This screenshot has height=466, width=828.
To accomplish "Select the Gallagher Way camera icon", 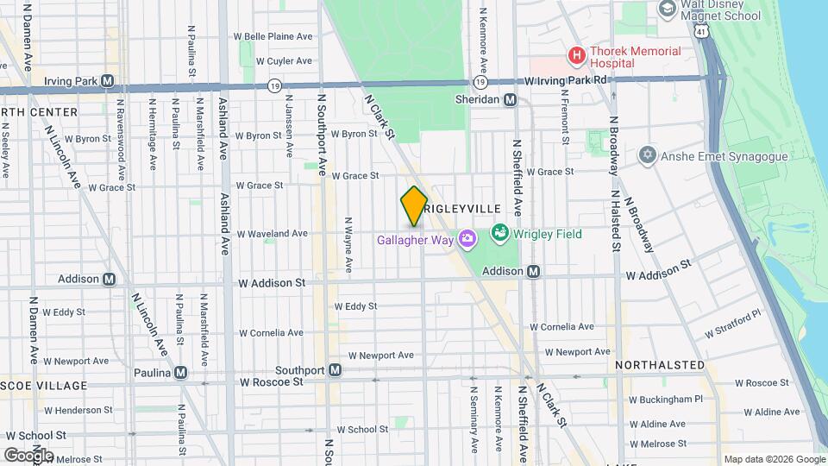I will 467,237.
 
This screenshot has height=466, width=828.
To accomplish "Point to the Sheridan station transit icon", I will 511,99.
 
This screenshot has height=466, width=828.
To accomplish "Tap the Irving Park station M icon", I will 108,80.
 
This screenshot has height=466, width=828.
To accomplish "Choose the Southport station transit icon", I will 336,370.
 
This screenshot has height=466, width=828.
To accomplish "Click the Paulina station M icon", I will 180,372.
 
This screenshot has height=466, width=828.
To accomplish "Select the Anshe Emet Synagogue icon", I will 648,155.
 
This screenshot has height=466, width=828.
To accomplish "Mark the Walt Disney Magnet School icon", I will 666,9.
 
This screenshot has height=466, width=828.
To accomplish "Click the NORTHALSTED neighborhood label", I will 660,365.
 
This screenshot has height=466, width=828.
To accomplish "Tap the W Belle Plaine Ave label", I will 273,37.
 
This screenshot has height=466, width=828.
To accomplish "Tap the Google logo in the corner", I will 29,455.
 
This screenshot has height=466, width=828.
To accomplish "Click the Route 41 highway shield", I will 703,31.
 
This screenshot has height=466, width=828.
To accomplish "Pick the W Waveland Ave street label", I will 273,233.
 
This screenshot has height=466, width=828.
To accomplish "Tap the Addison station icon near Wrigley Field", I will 534,271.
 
